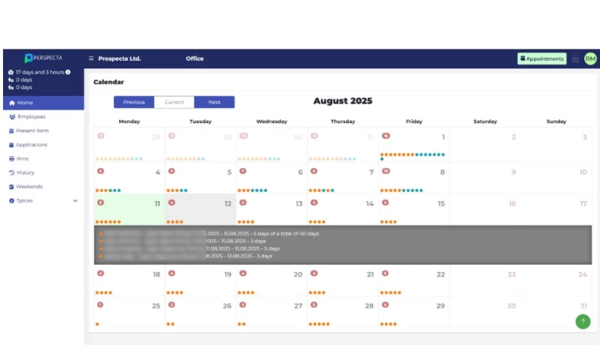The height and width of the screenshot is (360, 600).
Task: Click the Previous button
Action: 134,102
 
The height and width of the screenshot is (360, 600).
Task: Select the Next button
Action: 214,102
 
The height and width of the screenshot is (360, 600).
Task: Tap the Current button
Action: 174,102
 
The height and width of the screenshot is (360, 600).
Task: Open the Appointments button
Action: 541,58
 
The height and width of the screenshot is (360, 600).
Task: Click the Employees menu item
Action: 31,117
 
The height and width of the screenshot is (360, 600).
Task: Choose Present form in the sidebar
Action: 32,130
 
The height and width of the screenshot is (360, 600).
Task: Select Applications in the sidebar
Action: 31,145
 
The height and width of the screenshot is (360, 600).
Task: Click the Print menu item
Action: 23,159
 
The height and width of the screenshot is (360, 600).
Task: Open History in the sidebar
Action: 25,172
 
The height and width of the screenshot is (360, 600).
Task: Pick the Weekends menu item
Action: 29,187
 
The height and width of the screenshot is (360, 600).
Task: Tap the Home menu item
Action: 25,103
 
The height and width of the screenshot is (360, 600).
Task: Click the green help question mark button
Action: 583,321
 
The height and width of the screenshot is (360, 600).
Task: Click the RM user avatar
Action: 590,58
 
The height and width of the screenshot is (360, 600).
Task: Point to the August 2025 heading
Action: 342,101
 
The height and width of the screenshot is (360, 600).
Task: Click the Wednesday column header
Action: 271,121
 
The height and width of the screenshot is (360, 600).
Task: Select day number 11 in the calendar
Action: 157,204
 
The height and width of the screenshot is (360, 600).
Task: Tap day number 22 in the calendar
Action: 440,274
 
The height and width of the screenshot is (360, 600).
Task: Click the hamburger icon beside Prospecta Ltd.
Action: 91,58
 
